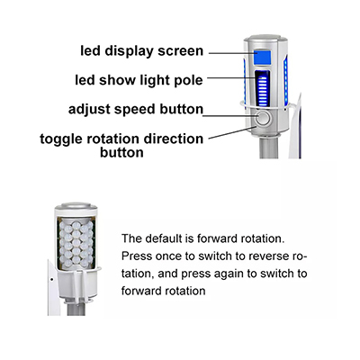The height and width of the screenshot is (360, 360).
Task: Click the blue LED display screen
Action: click(x=262, y=58)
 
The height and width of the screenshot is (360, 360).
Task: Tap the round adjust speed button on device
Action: click(x=263, y=117)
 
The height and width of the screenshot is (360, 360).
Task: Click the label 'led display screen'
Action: click(x=142, y=51)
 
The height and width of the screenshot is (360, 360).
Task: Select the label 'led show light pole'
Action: click(x=139, y=80)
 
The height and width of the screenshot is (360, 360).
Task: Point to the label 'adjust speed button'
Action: click(x=136, y=109)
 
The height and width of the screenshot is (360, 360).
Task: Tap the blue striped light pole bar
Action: click(x=263, y=89)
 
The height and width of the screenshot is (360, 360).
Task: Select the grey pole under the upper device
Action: click(x=269, y=148)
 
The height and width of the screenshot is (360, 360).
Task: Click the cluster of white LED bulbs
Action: click(x=76, y=244)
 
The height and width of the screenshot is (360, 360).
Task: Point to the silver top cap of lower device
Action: click(x=76, y=206)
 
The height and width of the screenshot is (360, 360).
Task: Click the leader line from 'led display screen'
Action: click(x=231, y=53)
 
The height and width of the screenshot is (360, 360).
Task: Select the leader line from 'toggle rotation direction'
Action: click(x=231, y=132)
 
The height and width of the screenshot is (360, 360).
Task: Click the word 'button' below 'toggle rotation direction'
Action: click(x=121, y=153)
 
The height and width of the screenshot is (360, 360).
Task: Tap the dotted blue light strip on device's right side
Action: click(x=285, y=80)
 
